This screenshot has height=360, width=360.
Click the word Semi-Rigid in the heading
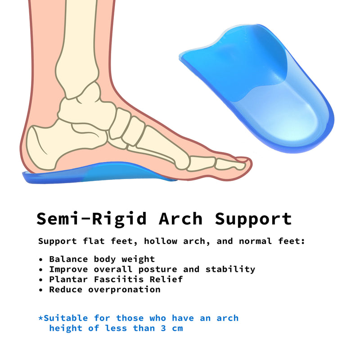coord(92,219)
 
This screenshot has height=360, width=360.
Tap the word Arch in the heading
coord(180,219)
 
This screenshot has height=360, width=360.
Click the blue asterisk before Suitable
coord(40,318)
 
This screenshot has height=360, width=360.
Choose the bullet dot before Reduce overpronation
coord(41,290)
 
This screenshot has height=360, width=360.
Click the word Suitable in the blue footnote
coord(66,318)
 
